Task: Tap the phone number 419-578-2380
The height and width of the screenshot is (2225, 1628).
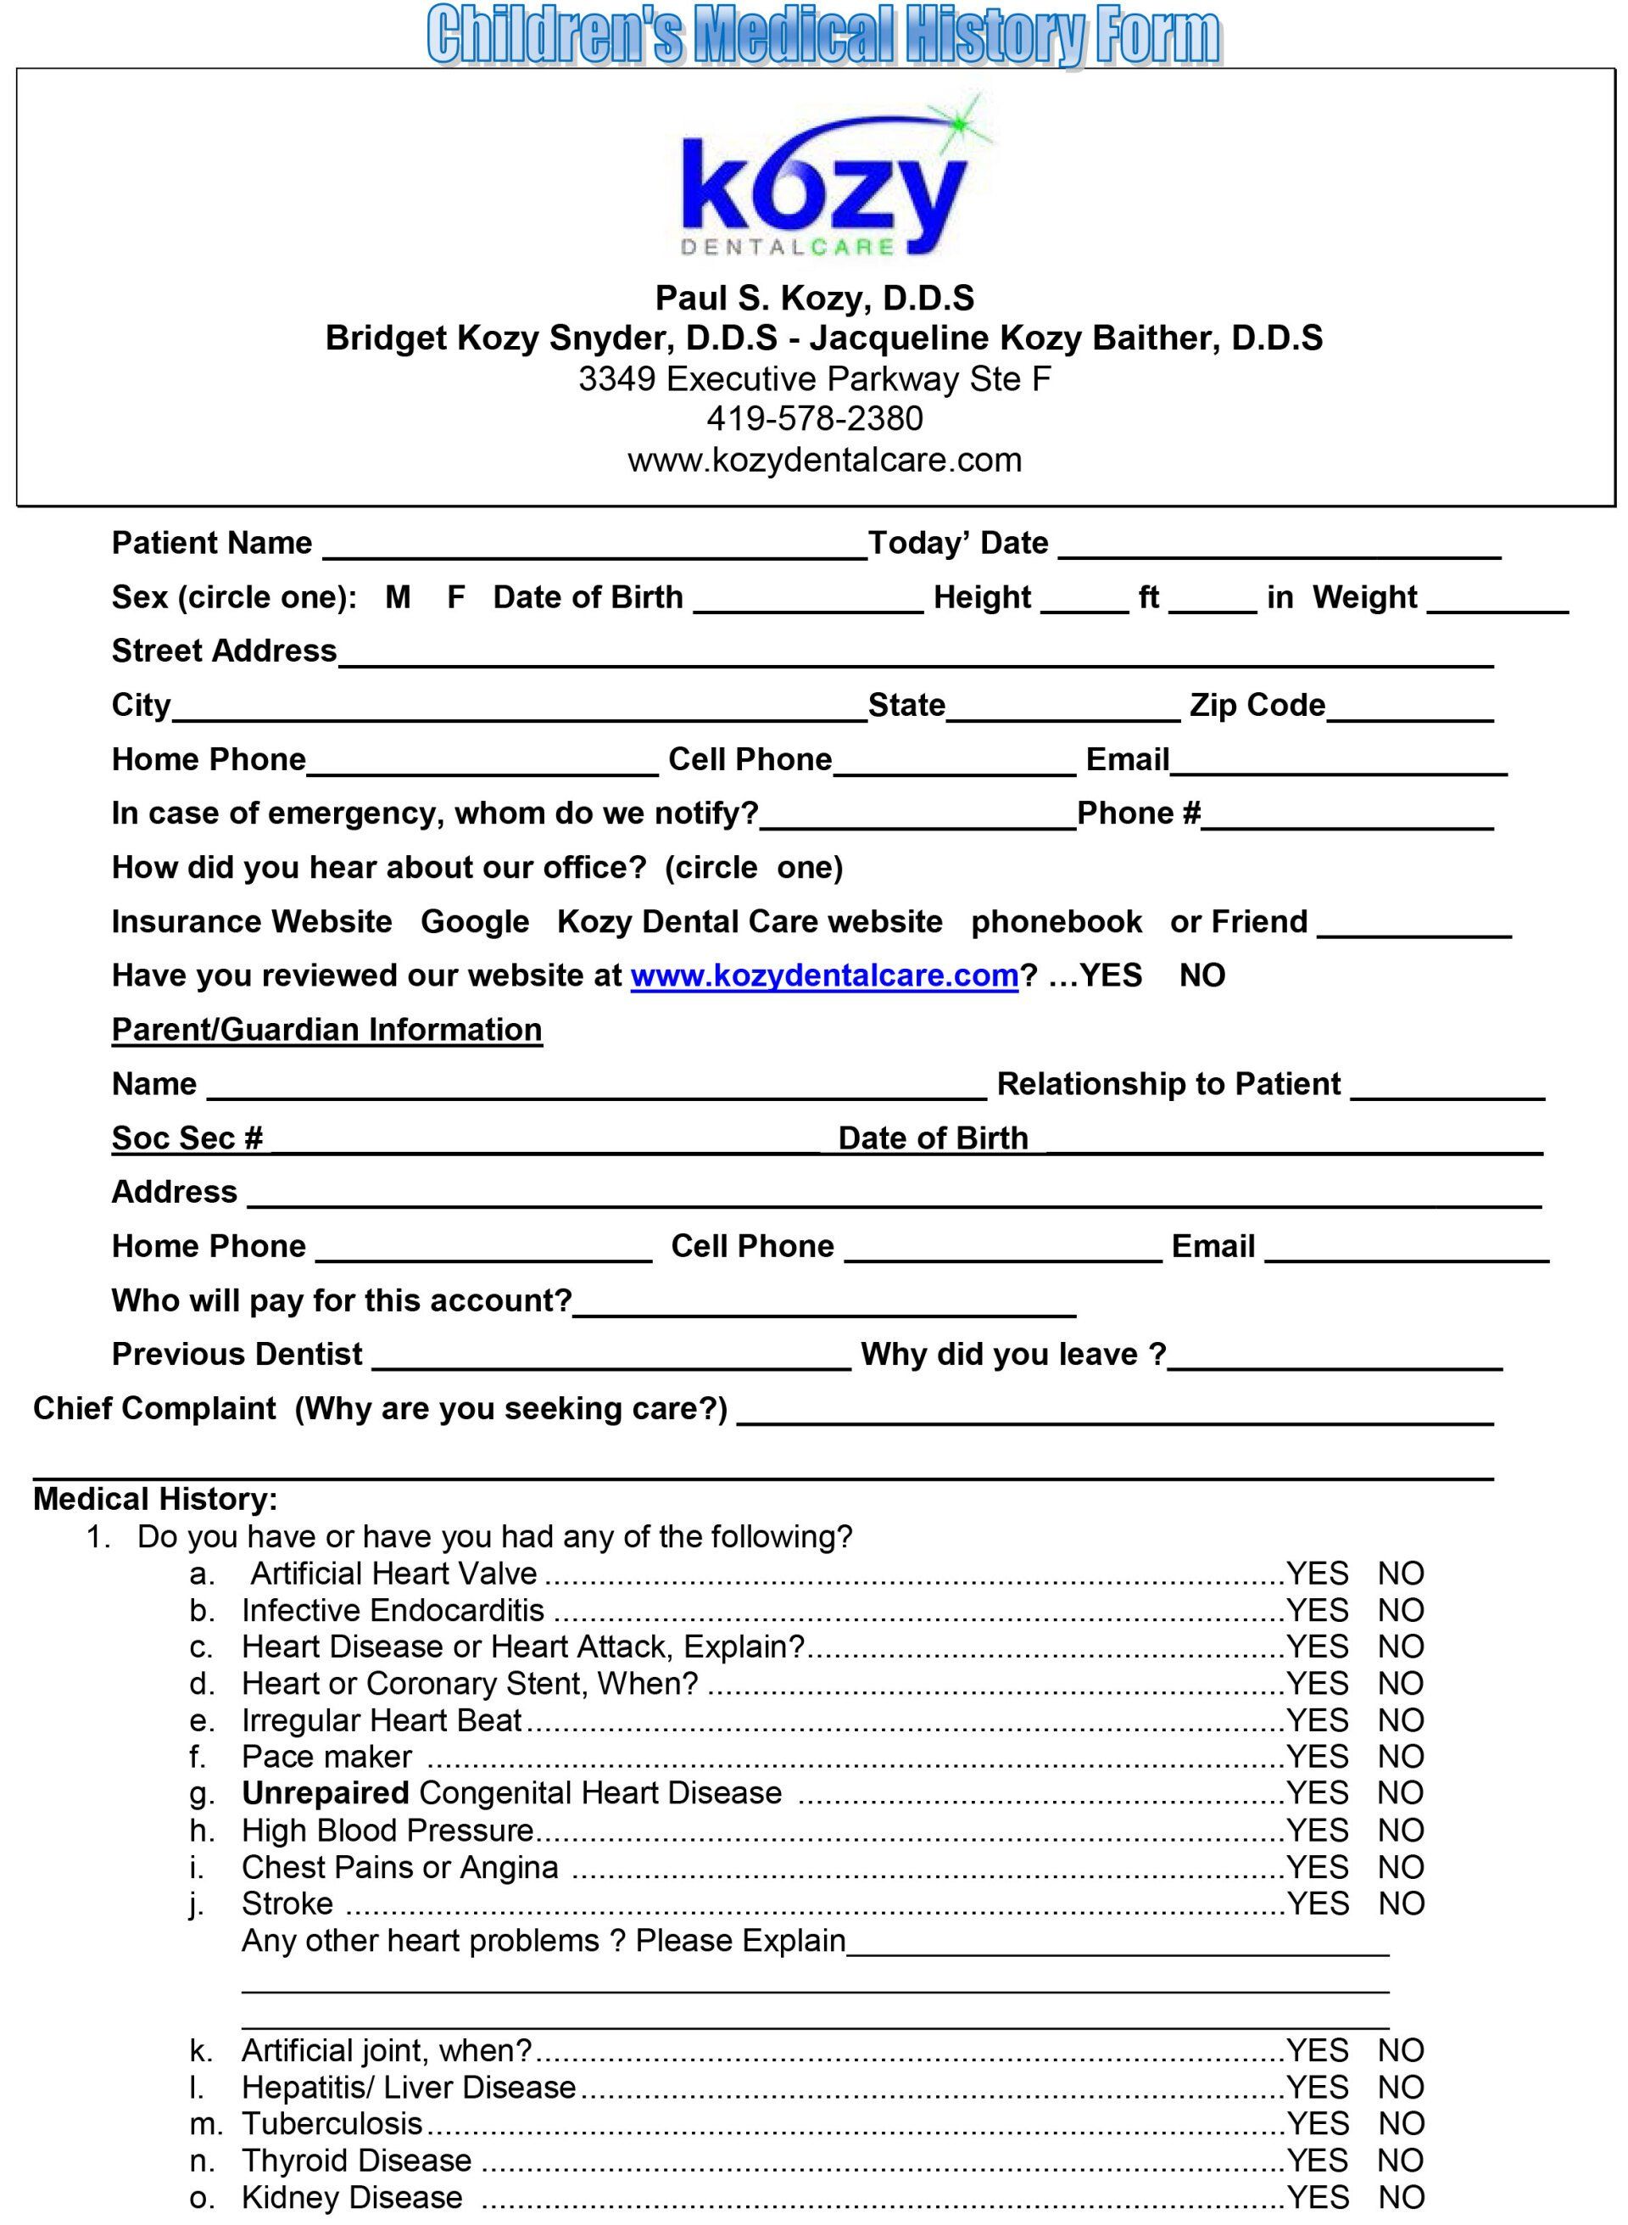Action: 814,419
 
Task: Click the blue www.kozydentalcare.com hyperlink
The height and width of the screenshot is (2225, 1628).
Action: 824,975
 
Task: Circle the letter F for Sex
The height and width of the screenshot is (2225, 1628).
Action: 455,597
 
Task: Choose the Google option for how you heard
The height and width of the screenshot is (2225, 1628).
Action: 475,922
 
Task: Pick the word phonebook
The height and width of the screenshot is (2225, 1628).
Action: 1056,922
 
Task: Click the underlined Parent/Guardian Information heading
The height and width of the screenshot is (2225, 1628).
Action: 326,1029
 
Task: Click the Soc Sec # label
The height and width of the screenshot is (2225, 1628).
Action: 187,1138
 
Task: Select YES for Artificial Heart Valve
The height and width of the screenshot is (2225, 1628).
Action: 1317,1574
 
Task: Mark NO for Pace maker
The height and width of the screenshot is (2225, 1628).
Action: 1401,1757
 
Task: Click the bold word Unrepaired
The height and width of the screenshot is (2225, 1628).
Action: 326,1793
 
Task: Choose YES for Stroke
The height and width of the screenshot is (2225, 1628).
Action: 1317,1904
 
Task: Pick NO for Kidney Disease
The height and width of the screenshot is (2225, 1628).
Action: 1401,2197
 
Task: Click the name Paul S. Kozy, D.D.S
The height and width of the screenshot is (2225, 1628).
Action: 814,298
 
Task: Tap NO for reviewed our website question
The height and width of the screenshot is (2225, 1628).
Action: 1201,975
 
